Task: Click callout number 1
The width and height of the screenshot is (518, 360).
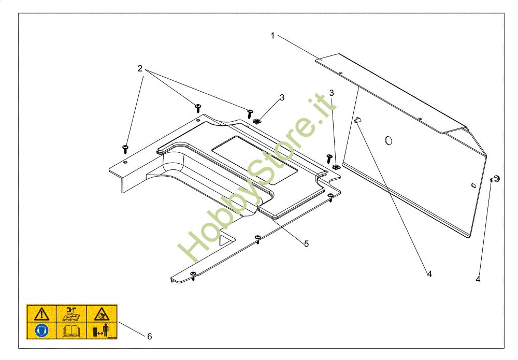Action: [x=272, y=36]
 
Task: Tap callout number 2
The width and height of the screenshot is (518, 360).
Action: [x=140, y=68]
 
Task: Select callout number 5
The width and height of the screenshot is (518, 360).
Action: [x=306, y=244]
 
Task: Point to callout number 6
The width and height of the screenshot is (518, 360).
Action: [x=149, y=336]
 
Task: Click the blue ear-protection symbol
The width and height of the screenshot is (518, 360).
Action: [x=41, y=330]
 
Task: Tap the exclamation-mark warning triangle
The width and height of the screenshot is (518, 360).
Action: [x=41, y=314]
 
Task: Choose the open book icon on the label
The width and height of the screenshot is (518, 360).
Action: [x=71, y=330]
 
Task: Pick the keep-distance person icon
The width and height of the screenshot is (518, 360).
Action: [x=101, y=330]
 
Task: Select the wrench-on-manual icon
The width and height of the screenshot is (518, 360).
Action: [x=71, y=314]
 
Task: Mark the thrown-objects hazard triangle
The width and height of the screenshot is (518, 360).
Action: [x=102, y=314]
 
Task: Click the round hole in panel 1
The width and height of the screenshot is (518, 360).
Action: [x=388, y=140]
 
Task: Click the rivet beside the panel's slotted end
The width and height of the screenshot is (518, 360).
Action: [x=495, y=179]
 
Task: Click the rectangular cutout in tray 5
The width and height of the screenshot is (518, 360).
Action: [x=254, y=160]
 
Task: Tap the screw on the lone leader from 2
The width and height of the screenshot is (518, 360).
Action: [x=125, y=149]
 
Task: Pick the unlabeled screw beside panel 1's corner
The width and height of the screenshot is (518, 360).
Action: [x=329, y=158]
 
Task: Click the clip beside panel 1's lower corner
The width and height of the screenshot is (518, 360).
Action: [x=336, y=167]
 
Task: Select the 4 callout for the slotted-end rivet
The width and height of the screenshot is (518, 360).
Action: [x=478, y=279]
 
